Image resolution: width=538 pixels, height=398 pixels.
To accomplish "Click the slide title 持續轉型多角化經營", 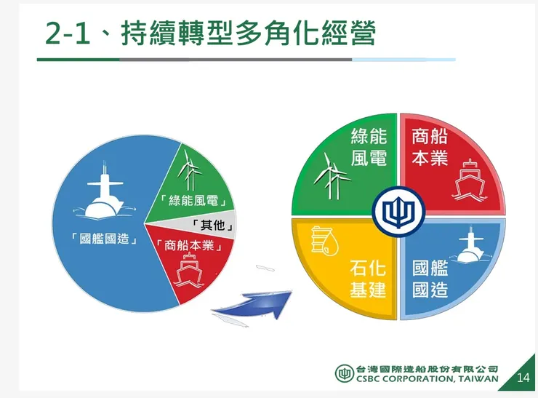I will [x=248, y=33].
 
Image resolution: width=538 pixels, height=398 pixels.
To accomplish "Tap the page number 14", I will [x=522, y=377].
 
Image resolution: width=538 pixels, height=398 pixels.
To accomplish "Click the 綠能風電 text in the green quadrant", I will [x=369, y=147].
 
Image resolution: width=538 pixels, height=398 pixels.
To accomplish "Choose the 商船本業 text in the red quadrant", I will [x=430, y=147].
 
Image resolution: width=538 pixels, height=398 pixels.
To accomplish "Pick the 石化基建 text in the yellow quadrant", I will [x=368, y=279].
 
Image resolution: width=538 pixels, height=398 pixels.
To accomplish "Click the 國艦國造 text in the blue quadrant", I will [x=430, y=279].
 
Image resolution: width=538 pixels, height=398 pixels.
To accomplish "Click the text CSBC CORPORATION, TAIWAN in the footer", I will [x=427, y=378].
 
